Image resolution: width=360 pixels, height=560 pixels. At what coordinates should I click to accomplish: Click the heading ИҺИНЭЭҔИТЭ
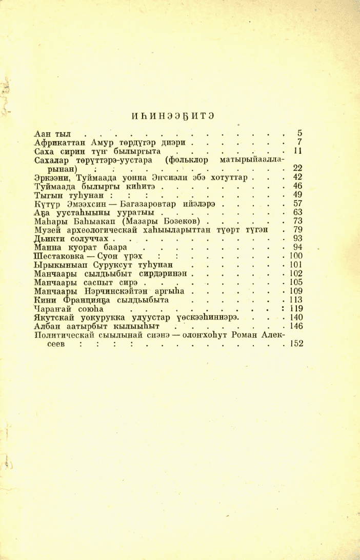(173, 115)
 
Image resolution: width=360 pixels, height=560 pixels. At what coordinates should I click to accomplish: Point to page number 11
(297, 151)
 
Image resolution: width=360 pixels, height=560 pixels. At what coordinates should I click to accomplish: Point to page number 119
(296, 309)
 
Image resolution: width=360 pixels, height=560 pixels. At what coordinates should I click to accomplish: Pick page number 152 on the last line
(296, 344)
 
